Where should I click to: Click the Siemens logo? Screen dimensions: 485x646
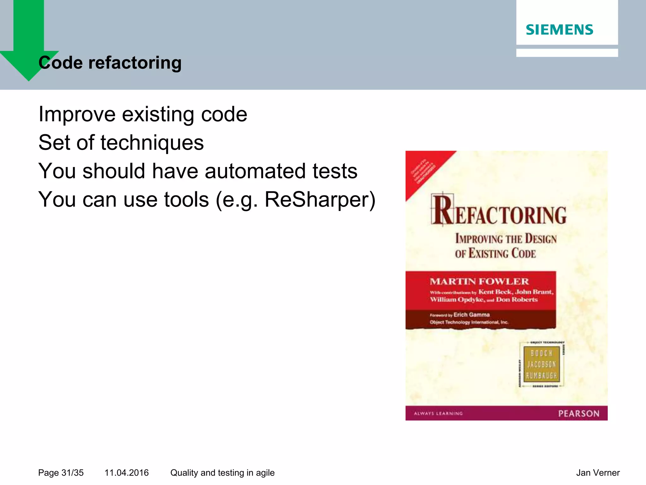click(559, 30)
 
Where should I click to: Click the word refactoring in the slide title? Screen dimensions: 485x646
click(135, 63)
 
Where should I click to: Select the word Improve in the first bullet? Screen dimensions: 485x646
click(77, 114)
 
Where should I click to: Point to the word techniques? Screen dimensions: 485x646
click(152, 143)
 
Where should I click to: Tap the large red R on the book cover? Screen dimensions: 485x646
click(442, 210)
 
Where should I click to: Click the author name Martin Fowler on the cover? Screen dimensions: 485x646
click(479, 281)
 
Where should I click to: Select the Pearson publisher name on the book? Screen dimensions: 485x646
click(578, 414)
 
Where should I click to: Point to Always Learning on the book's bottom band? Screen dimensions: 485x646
click(438, 413)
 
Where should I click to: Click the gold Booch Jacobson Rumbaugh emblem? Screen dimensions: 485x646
click(541, 364)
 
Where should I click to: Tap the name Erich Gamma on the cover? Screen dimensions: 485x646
click(471, 315)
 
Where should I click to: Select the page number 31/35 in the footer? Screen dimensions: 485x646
click(72, 473)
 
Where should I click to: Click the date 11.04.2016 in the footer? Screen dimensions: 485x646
click(126, 473)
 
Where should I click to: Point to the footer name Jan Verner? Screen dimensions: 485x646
click(597, 473)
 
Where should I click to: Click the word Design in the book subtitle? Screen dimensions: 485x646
click(541, 239)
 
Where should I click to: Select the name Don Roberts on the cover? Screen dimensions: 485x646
click(516, 299)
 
